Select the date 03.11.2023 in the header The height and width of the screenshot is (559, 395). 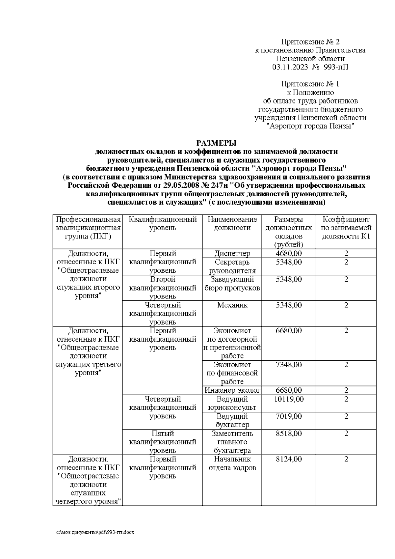tap(290, 67)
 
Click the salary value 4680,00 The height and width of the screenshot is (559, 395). tap(288, 253)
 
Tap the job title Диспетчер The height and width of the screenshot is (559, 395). tap(232, 254)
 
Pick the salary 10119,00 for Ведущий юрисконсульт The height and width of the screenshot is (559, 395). tap(289, 399)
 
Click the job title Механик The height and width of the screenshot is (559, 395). tap(232, 305)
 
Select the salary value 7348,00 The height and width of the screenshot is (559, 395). tap(288, 365)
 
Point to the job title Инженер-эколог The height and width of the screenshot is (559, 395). tap(232, 390)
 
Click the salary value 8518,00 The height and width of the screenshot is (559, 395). tap(288, 433)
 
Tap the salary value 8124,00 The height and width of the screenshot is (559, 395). tap(288, 459)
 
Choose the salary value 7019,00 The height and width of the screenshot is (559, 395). tap(288, 416)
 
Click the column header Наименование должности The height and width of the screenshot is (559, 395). tap(232, 224)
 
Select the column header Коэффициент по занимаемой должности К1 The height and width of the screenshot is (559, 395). tap(346, 228)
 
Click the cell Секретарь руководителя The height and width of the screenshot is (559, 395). tap(232, 266)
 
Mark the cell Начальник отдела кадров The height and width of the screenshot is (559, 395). tap(232, 463)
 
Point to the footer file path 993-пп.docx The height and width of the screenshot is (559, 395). tap(95, 532)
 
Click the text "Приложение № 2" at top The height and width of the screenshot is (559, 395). tap(310, 42)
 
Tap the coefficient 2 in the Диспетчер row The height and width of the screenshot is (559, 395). tap(346, 253)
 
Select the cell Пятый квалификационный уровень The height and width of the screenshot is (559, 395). tap(163, 442)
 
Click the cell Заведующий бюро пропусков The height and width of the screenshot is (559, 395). tap(232, 284)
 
